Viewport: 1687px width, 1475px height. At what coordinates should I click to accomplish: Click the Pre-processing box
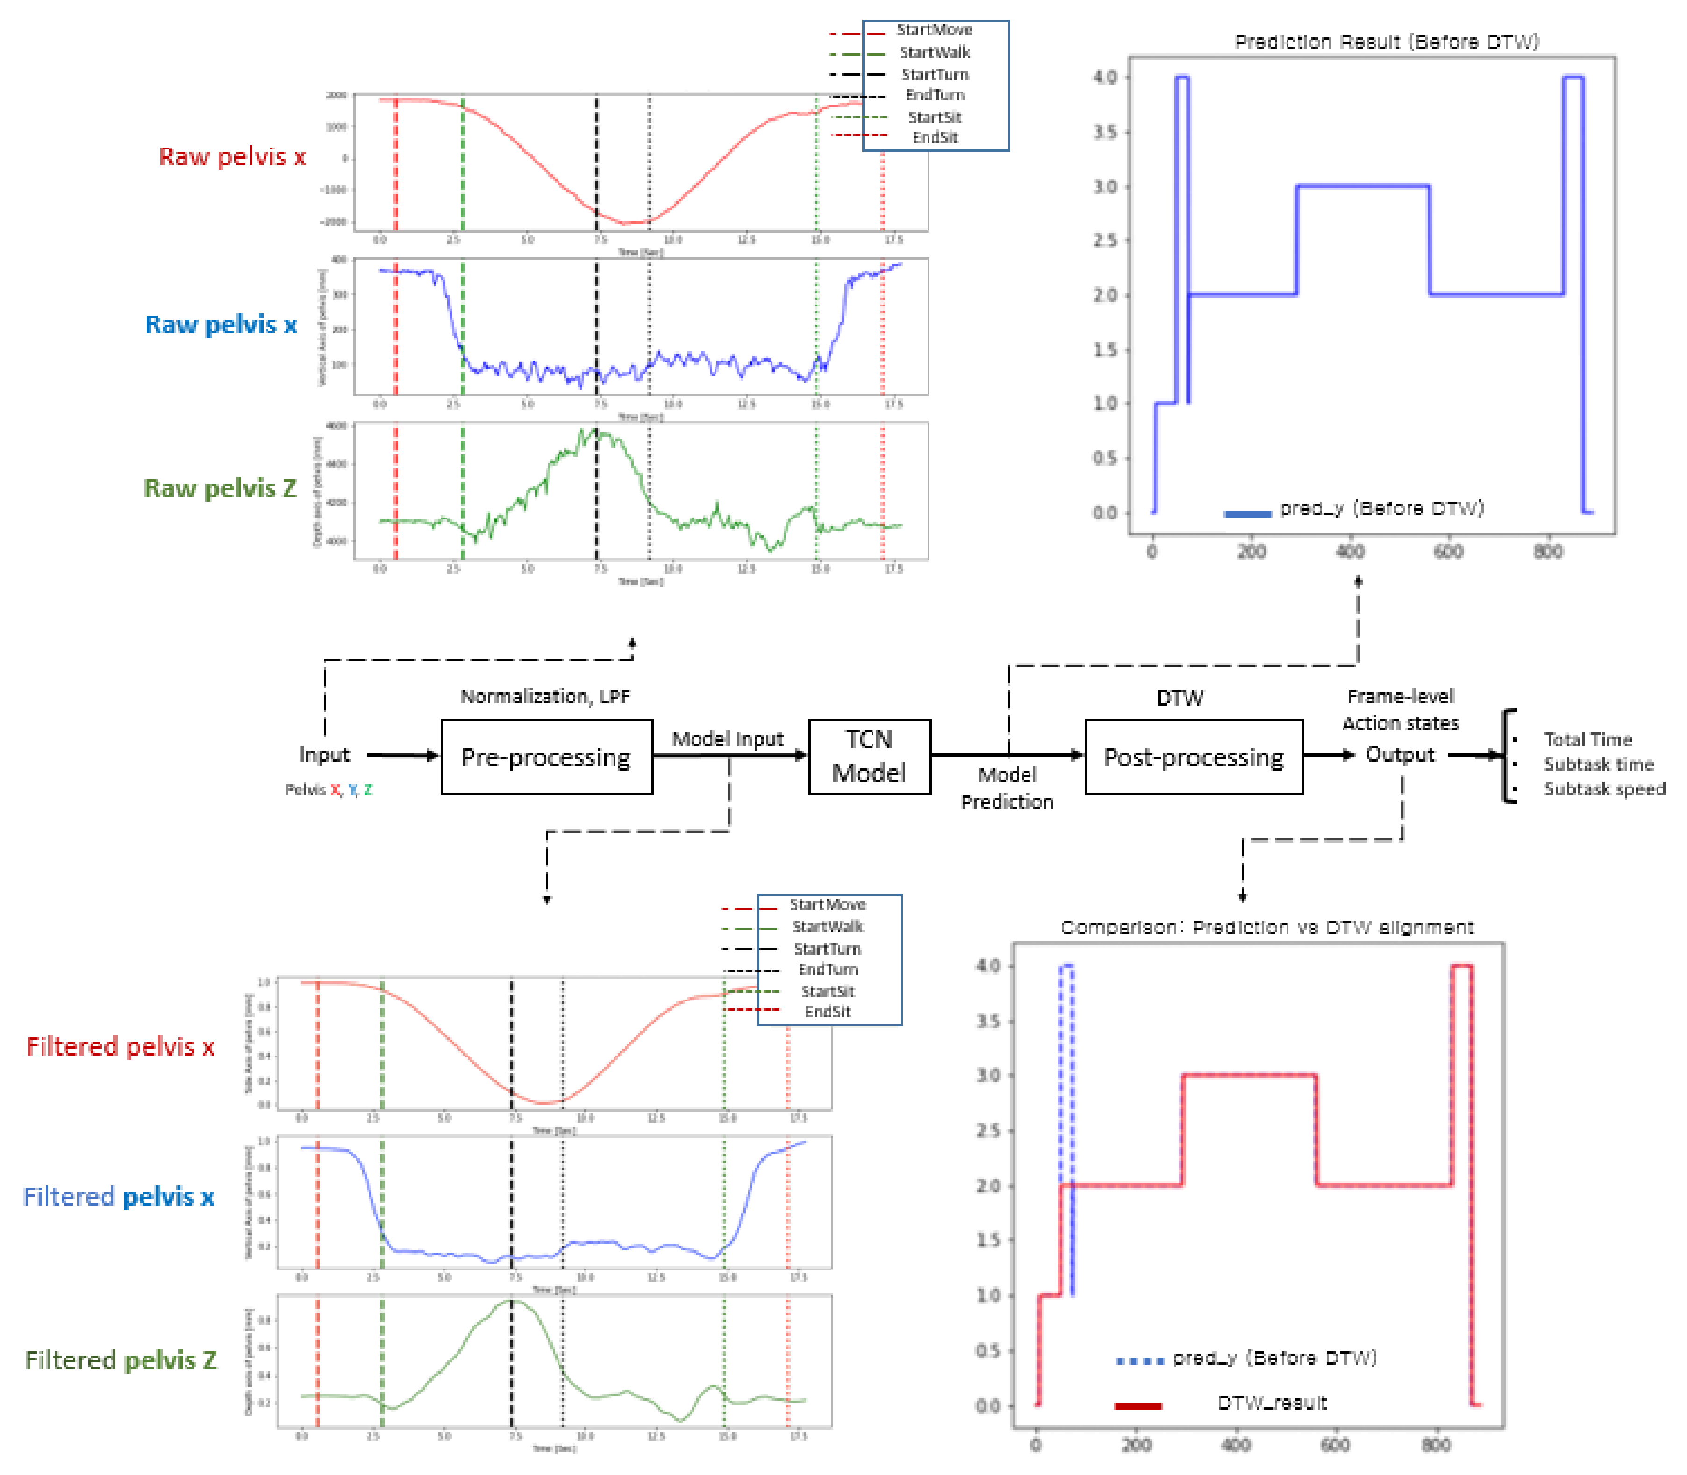click(x=546, y=757)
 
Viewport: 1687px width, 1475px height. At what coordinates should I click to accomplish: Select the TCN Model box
click(x=869, y=757)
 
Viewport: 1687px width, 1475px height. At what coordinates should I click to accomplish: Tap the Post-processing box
click(x=1193, y=757)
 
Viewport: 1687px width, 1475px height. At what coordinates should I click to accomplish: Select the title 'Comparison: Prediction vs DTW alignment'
click(x=1266, y=928)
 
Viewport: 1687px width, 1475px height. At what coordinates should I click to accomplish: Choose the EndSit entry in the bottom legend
click(x=828, y=1012)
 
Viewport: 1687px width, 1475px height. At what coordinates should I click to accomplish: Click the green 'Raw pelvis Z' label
click(x=220, y=488)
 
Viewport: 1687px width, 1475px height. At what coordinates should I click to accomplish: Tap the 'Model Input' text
click(x=727, y=739)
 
